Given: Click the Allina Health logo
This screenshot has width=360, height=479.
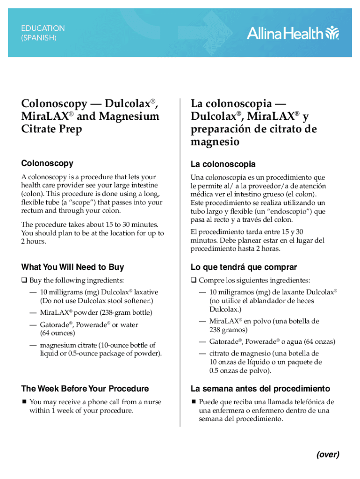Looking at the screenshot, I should (x=293, y=33).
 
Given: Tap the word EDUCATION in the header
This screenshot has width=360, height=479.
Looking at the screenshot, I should (x=43, y=28).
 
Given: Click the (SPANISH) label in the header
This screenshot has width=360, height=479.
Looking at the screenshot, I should (x=39, y=38).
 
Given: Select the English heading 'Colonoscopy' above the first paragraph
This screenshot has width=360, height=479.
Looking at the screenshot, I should (x=47, y=163).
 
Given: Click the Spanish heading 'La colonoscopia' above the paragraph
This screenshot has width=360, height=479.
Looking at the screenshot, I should (x=223, y=164).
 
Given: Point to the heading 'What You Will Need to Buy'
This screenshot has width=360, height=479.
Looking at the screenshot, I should (x=72, y=267).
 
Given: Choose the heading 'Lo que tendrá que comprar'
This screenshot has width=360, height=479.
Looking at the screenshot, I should (x=244, y=267).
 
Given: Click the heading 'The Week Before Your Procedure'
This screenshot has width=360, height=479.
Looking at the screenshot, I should (x=85, y=388).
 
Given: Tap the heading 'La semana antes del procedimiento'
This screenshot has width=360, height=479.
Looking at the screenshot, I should (x=260, y=388).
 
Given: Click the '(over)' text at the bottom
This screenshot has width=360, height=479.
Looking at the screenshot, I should (x=327, y=454).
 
